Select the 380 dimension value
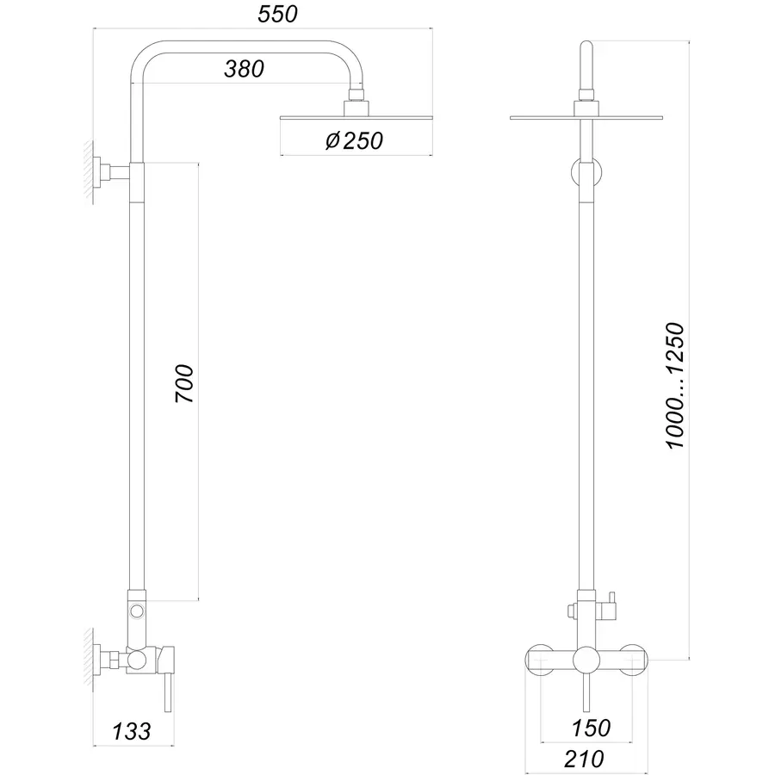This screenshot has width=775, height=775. tap(245, 70)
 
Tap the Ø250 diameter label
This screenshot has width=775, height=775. tap(354, 140)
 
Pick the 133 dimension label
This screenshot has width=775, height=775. tap(132, 732)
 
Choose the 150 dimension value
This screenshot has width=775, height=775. tap(591, 728)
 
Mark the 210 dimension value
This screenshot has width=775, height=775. tap(586, 759)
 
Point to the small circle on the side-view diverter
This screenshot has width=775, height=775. tap(136, 611)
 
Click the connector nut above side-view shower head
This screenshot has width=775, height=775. tap(355, 107)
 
